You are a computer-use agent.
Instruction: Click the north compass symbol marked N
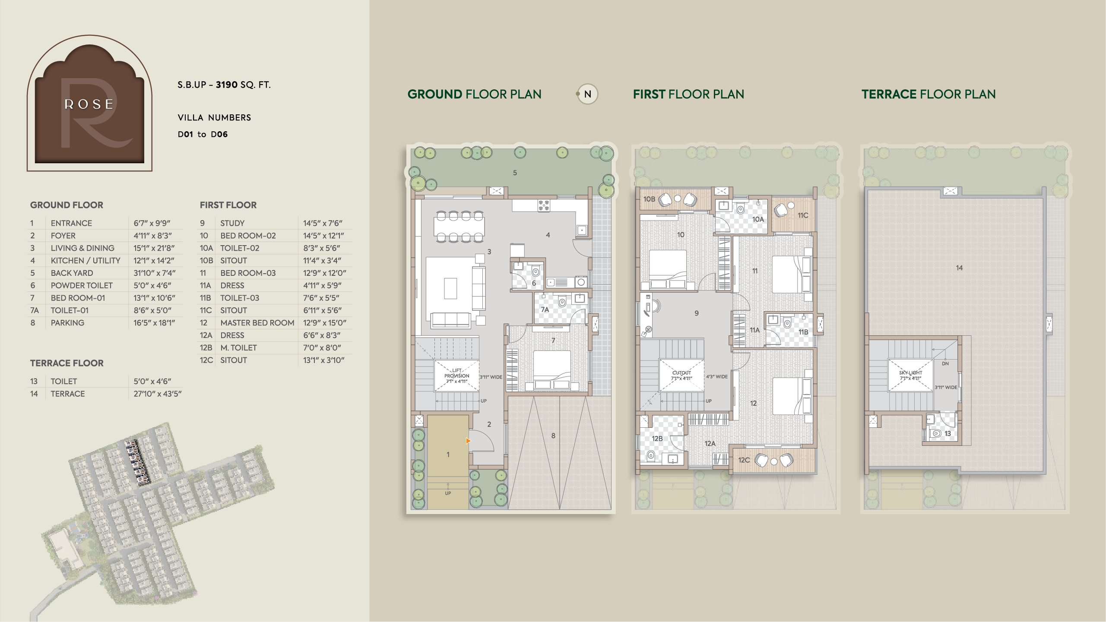[x=587, y=94]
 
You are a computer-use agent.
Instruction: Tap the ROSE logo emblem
[x=89, y=103]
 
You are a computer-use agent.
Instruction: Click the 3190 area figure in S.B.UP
[x=227, y=85]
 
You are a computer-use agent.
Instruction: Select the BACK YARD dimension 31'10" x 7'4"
[x=155, y=273]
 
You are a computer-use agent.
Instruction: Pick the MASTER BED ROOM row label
[x=257, y=323]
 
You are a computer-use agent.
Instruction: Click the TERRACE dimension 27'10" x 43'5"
[x=158, y=394]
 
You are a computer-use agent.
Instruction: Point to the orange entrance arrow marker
[x=468, y=441]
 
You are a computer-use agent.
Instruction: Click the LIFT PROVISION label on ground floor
[x=456, y=376]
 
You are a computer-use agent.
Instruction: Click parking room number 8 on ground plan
[x=553, y=436]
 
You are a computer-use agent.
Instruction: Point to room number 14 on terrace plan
[x=959, y=268]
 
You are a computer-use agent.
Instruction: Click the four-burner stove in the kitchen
[x=544, y=205]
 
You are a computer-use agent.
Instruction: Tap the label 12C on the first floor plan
[x=744, y=460]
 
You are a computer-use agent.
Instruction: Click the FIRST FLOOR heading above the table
[x=228, y=205]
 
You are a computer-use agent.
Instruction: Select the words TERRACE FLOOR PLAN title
[x=929, y=94]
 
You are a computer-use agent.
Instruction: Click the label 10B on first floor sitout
[x=649, y=199]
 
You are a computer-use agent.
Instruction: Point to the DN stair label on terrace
[x=945, y=363]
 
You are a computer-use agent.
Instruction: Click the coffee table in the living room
[x=450, y=288]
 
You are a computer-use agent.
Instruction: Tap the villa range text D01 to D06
[x=203, y=134]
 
